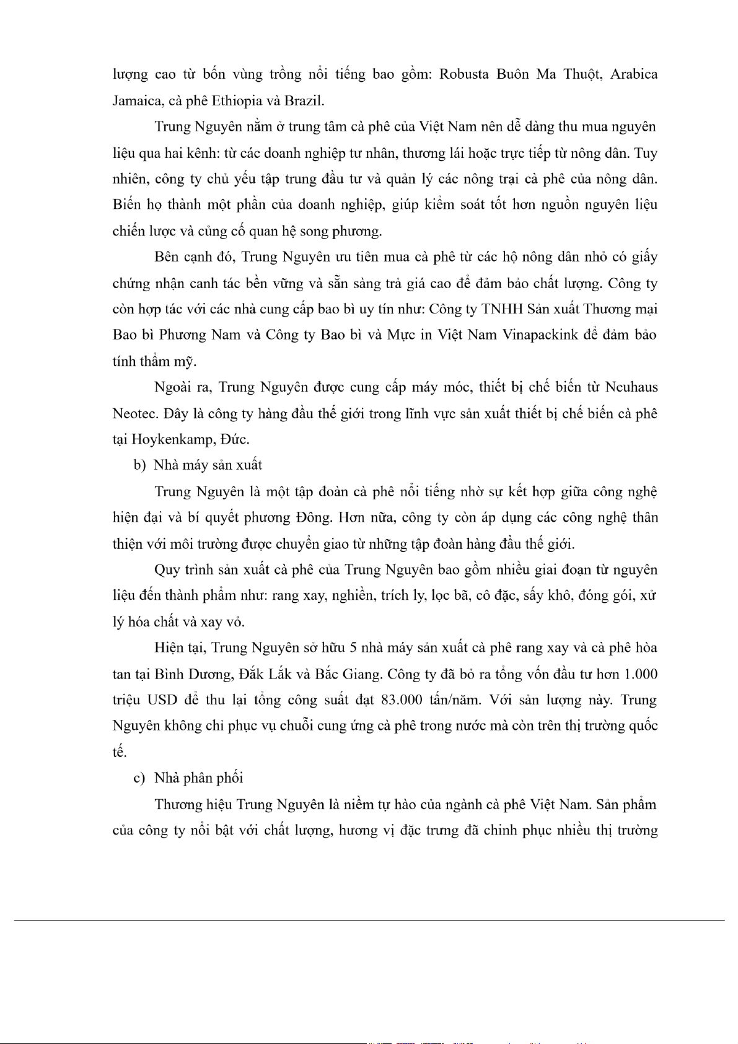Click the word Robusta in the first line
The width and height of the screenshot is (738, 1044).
click(x=465, y=74)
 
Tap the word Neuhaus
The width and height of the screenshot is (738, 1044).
click(x=631, y=387)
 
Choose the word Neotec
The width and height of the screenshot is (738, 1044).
click(x=132, y=413)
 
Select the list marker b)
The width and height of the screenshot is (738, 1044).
click(x=140, y=465)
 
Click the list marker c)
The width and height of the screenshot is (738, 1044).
click(x=139, y=778)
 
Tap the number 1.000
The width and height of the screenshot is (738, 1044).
click(x=640, y=674)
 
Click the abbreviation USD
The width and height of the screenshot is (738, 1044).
click(x=162, y=700)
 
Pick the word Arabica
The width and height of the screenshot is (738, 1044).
click(x=634, y=74)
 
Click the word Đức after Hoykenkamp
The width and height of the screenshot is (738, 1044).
click(x=234, y=440)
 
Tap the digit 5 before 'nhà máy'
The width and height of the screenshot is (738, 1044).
click(x=353, y=648)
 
